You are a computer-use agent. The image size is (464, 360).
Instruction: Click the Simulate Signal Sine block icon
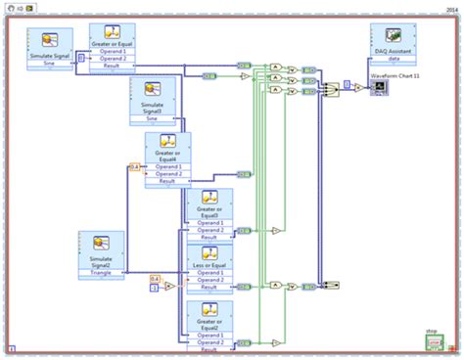(x=48, y=40)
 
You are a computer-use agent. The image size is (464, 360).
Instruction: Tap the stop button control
(x=433, y=342)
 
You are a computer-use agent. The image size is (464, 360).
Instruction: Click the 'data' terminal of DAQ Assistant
(x=395, y=60)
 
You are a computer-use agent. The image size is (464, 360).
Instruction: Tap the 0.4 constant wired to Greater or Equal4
(x=135, y=167)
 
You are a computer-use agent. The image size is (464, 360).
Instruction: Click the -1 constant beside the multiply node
(x=154, y=288)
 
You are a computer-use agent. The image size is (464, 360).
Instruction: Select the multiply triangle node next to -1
(x=169, y=287)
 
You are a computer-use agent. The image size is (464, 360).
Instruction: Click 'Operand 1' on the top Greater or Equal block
(x=111, y=52)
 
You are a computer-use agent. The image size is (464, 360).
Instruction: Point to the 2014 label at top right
(x=453, y=7)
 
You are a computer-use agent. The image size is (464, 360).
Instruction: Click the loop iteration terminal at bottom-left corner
(x=12, y=347)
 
